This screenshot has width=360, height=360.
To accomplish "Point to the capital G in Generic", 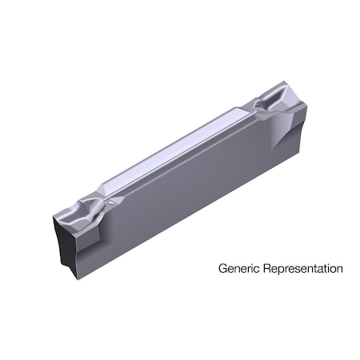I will point(222,270).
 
